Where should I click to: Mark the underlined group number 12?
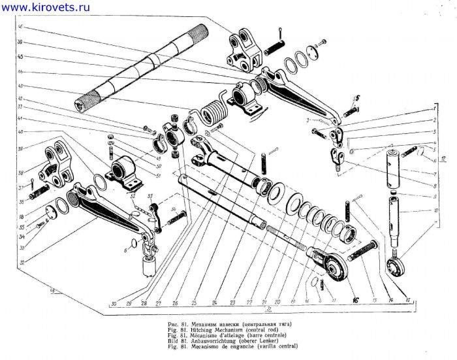click(x=443, y=159)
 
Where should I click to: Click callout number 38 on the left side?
click(x=22, y=174)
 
